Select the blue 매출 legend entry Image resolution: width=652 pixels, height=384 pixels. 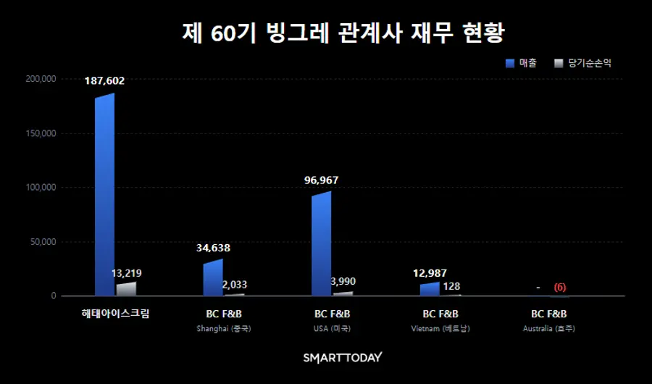coord(521,64)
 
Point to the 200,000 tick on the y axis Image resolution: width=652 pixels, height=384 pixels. coord(41,79)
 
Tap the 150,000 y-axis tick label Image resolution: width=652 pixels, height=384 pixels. coord(41,133)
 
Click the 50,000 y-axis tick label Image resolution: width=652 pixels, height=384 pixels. coord(43,242)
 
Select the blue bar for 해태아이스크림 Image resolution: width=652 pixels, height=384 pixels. coord(104,196)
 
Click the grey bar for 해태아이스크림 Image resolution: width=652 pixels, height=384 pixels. coord(126,289)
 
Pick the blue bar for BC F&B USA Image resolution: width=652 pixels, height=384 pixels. coord(321,244)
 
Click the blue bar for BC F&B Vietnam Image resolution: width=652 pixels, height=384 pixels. coord(430,289)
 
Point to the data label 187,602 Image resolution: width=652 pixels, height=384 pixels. coord(105,81)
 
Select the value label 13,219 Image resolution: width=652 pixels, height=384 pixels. coord(127,273)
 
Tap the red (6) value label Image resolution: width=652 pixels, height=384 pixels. coord(559,287)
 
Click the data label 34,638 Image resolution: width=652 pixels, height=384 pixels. coord(213,248)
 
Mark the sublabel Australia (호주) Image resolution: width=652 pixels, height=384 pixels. coord(548,328)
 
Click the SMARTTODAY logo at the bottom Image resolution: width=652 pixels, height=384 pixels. coord(342,357)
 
